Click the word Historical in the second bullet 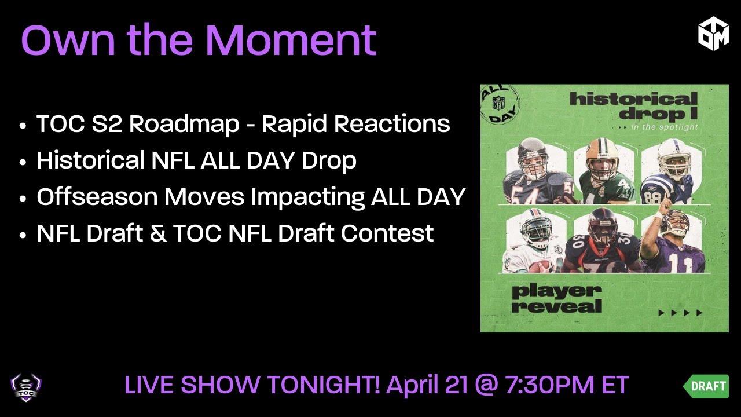[89, 160]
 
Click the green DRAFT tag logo [706, 386]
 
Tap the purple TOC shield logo [26, 387]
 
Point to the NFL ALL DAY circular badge [501, 105]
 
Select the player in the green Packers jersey [602, 172]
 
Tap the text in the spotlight [662, 127]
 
